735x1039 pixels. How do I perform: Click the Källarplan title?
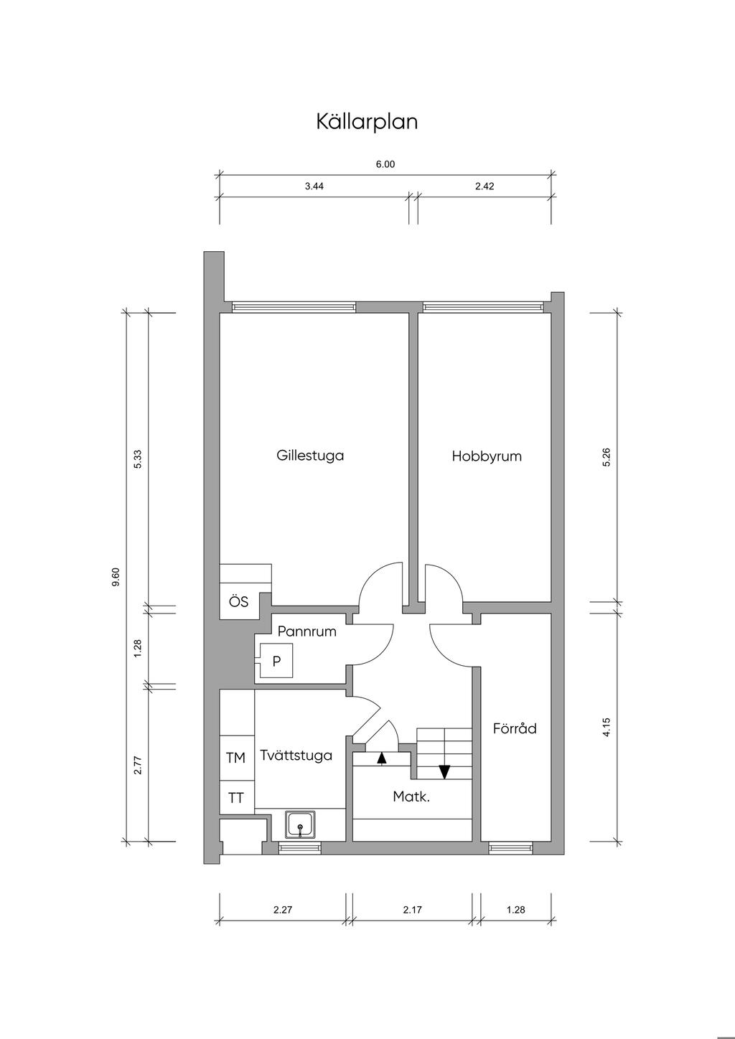pyautogui.click(x=367, y=121)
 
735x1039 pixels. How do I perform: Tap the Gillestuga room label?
pyautogui.click(x=310, y=455)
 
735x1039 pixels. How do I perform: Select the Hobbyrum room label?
pyautogui.click(x=487, y=456)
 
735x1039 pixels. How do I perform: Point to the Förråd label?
pyautogui.click(x=515, y=729)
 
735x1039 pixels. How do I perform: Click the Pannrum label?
pyautogui.click(x=306, y=631)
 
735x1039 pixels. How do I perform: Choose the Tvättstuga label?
pyautogui.click(x=296, y=756)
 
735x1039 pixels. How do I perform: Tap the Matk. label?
pyautogui.click(x=411, y=796)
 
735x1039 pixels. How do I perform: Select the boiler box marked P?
pyautogui.click(x=276, y=661)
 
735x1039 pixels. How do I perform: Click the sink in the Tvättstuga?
pyautogui.click(x=300, y=824)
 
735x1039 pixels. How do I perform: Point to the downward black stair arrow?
pyautogui.click(x=444, y=771)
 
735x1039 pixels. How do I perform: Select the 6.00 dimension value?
pyautogui.click(x=385, y=164)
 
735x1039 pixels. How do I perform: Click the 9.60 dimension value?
pyautogui.click(x=116, y=577)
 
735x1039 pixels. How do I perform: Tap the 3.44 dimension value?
pyautogui.click(x=314, y=187)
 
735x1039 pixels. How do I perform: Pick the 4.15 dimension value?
pyautogui.click(x=607, y=727)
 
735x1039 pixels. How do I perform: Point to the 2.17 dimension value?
pyautogui.click(x=413, y=910)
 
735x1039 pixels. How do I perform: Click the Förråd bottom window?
pyautogui.click(x=510, y=848)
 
